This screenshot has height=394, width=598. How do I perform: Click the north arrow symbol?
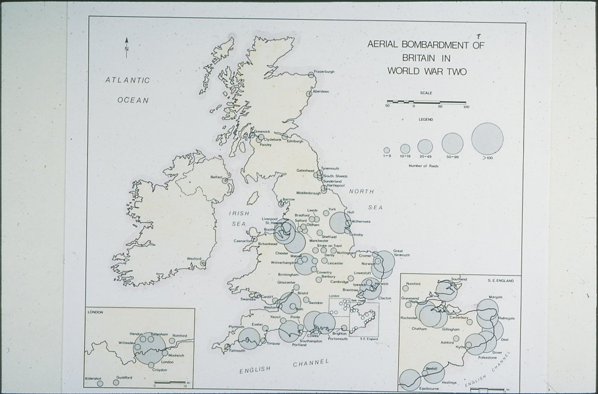(x=126, y=45)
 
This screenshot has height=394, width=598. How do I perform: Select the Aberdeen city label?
(x=321, y=91)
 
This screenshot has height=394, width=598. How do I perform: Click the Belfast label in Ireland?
(x=216, y=178)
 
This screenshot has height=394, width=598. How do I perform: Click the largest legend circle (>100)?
(x=487, y=138)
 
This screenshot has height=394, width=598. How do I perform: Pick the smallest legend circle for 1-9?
(x=386, y=151)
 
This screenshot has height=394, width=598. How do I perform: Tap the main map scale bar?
(x=426, y=102)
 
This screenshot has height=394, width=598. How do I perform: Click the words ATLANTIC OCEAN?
(x=128, y=90)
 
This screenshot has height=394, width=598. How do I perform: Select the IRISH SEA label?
(x=239, y=218)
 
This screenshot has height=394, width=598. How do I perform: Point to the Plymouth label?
(x=236, y=326)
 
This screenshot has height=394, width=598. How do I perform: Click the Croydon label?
(x=160, y=370)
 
